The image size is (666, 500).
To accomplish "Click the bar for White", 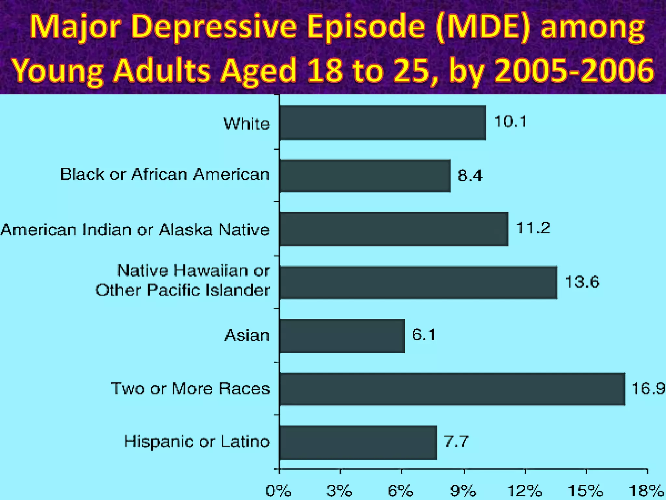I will (x=382, y=123).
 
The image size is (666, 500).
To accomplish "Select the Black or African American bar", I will (x=365, y=176).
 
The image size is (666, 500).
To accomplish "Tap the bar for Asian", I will (x=342, y=336).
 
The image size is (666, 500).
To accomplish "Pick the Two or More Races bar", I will (x=452, y=389).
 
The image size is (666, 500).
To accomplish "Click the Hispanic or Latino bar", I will (x=358, y=442).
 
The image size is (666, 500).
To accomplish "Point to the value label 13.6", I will (x=582, y=282).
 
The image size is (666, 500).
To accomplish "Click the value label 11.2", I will (x=533, y=228).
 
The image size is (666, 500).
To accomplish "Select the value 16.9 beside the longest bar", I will (x=648, y=389).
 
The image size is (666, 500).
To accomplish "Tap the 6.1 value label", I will (x=424, y=335).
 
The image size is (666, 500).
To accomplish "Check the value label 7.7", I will (x=456, y=442).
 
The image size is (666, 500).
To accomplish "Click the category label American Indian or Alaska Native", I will (x=135, y=230).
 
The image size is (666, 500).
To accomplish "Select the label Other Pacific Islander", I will (x=182, y=290).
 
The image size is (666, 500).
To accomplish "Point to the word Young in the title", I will (x=58, y=71).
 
